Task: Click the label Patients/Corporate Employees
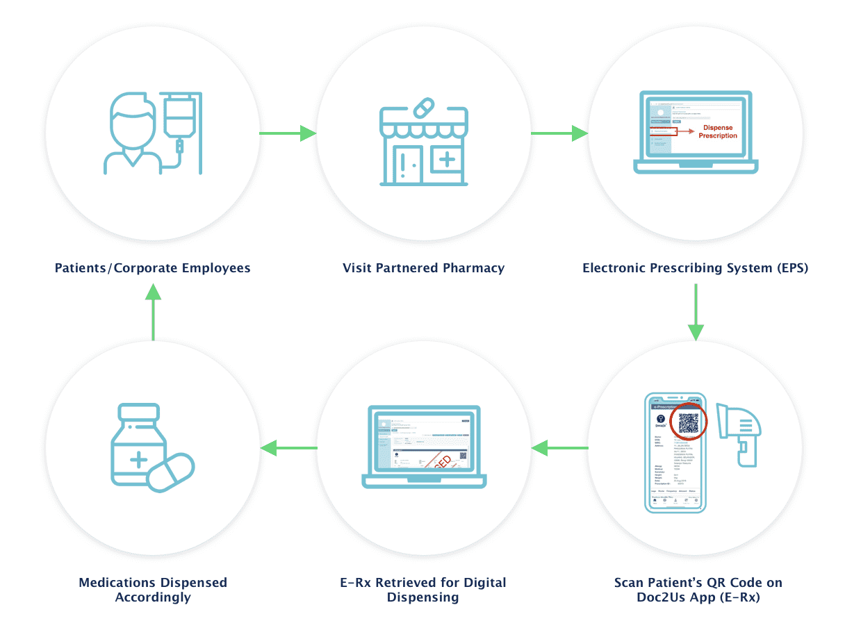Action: (x=152, y=267)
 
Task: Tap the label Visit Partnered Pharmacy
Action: (x=423, y=267)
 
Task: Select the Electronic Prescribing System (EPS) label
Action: (x=695, y=267)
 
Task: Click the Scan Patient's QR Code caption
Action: (x=698, y=589)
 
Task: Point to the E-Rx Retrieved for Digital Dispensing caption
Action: (x=422, y=589)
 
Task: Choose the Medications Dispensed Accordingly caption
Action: (x=152, y=589)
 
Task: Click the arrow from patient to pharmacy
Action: (x=288, y=133)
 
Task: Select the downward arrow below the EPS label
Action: (x=696, y=315)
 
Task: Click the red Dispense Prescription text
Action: (x=718, y=131)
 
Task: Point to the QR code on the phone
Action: (x=688, y=423)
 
